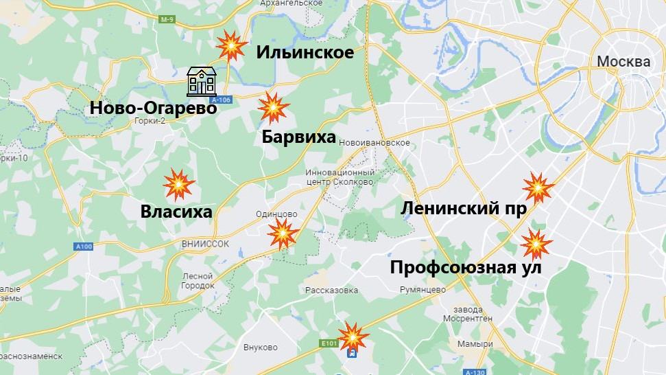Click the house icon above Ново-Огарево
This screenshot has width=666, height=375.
coord(202,81)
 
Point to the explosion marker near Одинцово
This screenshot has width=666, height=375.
coord(283,234)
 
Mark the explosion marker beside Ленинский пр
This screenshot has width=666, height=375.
coord(538,187)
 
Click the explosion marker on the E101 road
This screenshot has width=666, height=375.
coord(354,337)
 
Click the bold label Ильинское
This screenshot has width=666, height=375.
coord(305,52)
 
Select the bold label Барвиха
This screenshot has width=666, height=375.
coord(299,137)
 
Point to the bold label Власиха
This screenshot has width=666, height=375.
coord(176,212)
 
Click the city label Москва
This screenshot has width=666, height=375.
coord(623,62)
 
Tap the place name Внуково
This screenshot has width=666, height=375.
coord(260,347)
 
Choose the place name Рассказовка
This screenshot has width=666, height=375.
coord(332,290)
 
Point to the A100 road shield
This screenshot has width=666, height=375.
coord(84,247)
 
